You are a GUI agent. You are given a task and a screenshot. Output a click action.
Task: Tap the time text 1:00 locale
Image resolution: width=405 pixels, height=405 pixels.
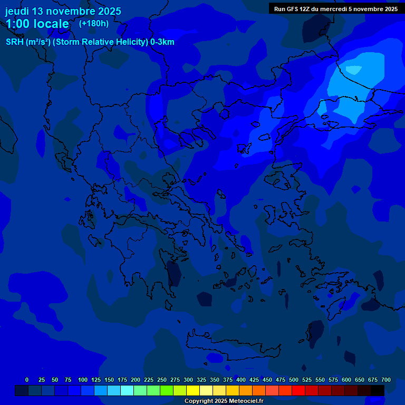click(37, 24)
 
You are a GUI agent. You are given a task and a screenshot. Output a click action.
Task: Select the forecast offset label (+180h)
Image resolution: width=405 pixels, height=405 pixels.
click(94, 23)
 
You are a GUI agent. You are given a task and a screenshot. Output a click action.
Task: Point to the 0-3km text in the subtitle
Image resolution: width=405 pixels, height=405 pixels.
click(162, 42)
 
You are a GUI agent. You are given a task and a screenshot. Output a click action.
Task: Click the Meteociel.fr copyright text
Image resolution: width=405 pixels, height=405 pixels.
click(224, 401)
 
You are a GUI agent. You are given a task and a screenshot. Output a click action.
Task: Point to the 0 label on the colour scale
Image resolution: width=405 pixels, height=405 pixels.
click(27, 380)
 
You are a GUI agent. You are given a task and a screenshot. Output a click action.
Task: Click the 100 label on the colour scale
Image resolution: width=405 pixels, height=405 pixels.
click(83, 380)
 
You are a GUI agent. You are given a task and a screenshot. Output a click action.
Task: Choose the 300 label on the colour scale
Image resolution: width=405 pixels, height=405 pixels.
click(188, 380)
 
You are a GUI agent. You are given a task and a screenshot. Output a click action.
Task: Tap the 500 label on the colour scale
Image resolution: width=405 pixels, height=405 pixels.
click(294, 380)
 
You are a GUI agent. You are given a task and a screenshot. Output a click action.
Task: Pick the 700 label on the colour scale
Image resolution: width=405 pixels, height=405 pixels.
click(386, 380)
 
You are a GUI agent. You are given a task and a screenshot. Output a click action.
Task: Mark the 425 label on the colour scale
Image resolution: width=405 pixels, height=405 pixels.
click(254, 380)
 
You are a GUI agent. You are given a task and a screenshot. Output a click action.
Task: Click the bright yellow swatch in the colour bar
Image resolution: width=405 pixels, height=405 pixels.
click(193, 391)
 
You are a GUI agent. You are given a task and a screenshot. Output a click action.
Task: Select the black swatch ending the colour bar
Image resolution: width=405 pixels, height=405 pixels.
click(378, 391)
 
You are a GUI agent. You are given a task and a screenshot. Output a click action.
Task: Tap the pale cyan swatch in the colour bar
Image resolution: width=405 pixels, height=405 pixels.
click(127, 391)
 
